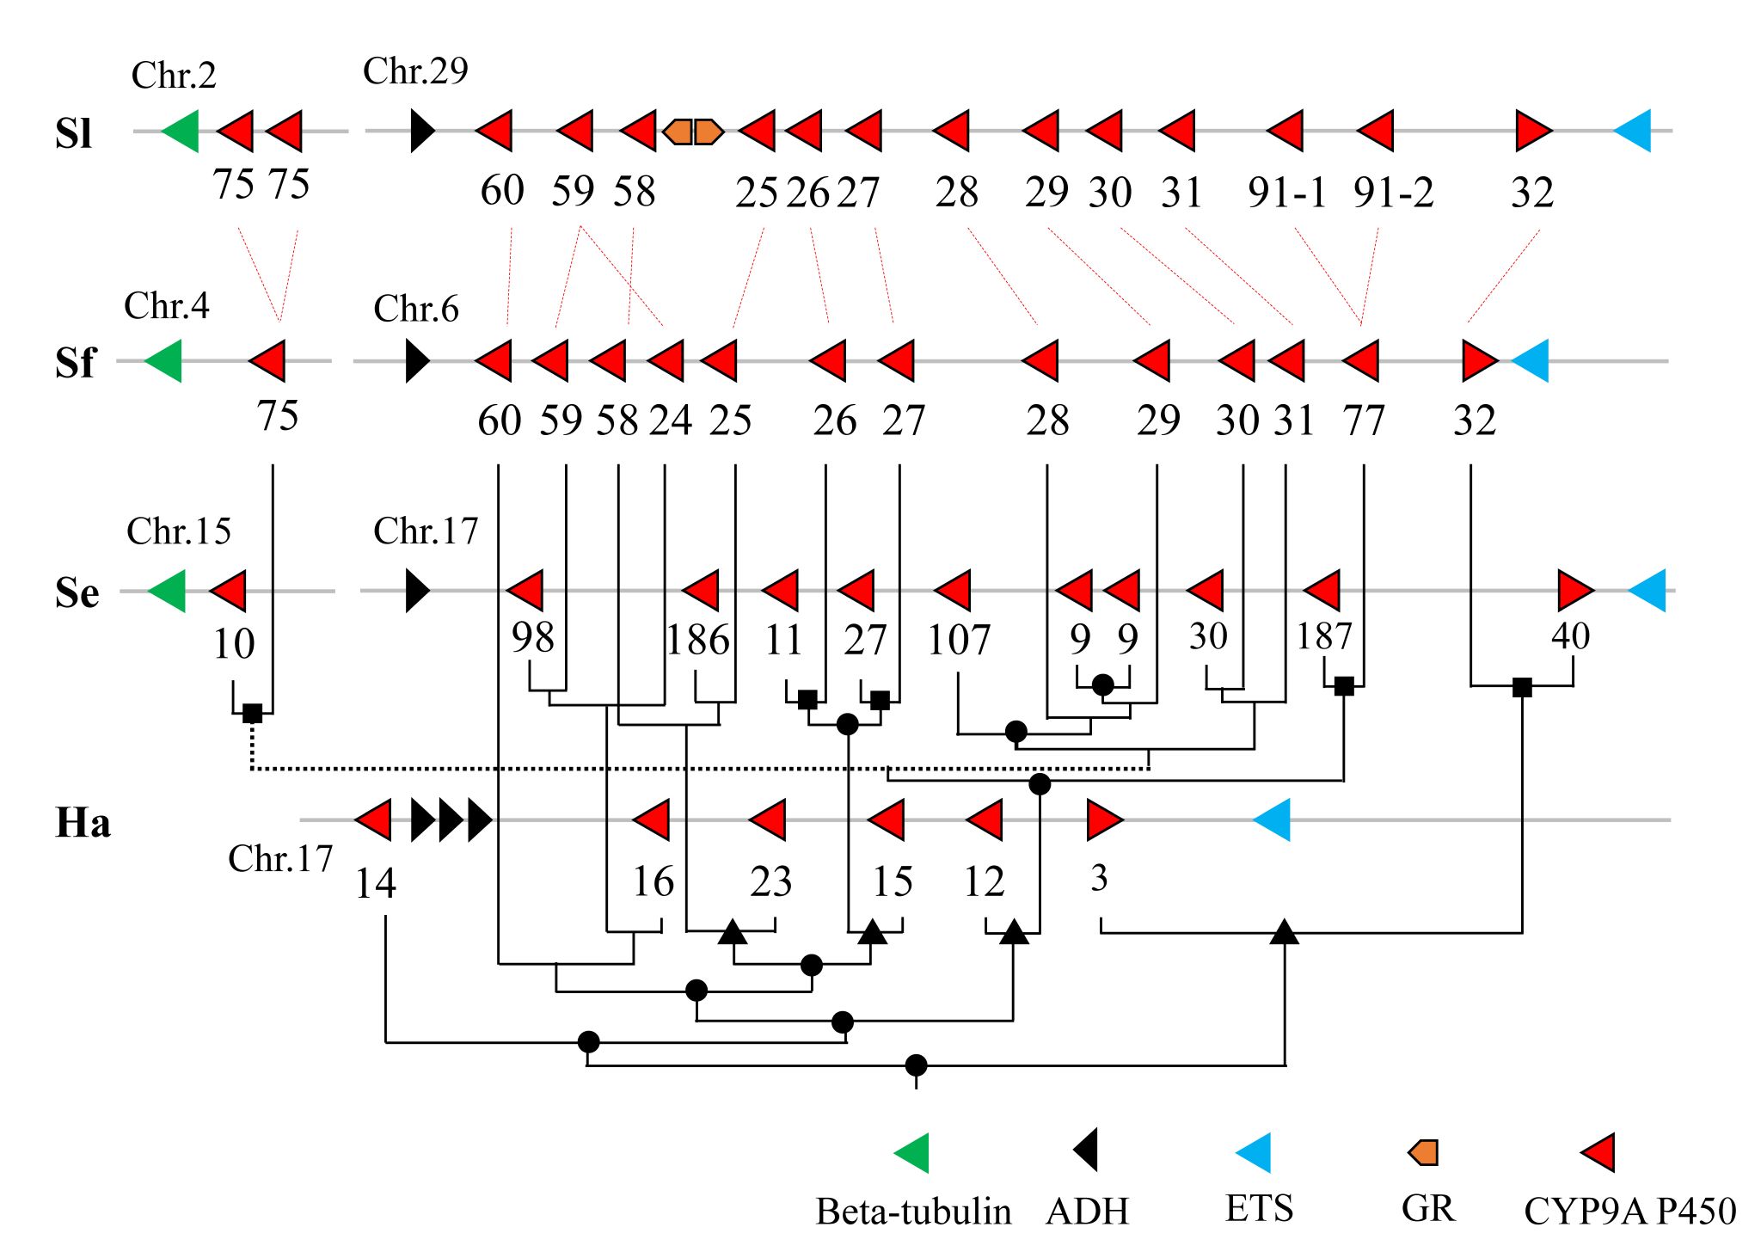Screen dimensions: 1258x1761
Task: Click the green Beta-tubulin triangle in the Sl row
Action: (x=181, y=132)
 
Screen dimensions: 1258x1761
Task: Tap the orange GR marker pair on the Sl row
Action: (x=693, y=132)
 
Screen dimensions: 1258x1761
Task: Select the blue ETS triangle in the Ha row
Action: (x=1273, y=819)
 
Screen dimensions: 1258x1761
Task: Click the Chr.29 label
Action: (x=415, y=71)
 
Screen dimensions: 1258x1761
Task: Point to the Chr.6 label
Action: (x=416, y=309)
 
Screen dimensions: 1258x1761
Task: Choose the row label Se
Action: (x=77, y=592)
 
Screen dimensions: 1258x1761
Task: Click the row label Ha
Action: (x=83, y=823)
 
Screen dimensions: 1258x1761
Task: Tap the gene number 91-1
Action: (x=1287, y=193)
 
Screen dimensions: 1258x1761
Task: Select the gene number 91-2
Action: (x=1393, y=193)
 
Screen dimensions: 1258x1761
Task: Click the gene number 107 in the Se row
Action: (x=959, y=640)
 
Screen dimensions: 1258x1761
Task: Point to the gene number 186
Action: (x=697, y=640)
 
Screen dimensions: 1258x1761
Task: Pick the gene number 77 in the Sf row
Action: (x=1364, y=420)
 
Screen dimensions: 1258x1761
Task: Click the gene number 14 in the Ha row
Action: (x=376, y=883)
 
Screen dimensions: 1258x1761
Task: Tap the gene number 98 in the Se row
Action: (x=533, y=637)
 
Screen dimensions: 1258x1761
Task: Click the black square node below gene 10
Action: (x=252, y=713)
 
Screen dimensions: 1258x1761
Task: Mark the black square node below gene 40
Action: (x=1522, y=687)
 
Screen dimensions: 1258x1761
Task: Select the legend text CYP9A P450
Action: (x=1629, y=1211)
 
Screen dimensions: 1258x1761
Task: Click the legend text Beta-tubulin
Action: (x=913, y=1212)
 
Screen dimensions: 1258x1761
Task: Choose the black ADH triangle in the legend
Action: (x=1086, y=1151)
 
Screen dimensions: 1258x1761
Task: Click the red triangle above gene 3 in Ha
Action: (x=1104, y=819)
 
